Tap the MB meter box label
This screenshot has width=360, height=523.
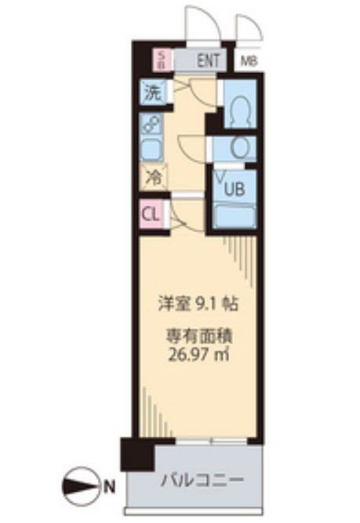(x=249, y=60)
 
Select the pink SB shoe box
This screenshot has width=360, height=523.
(x=162, y=59)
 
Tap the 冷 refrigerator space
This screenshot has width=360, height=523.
(x=154, y=179)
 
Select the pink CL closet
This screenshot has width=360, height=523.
(x=152, y=213)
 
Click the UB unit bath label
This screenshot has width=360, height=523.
(x=234, y=188)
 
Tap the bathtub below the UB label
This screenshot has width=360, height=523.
(x=235, y=215)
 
